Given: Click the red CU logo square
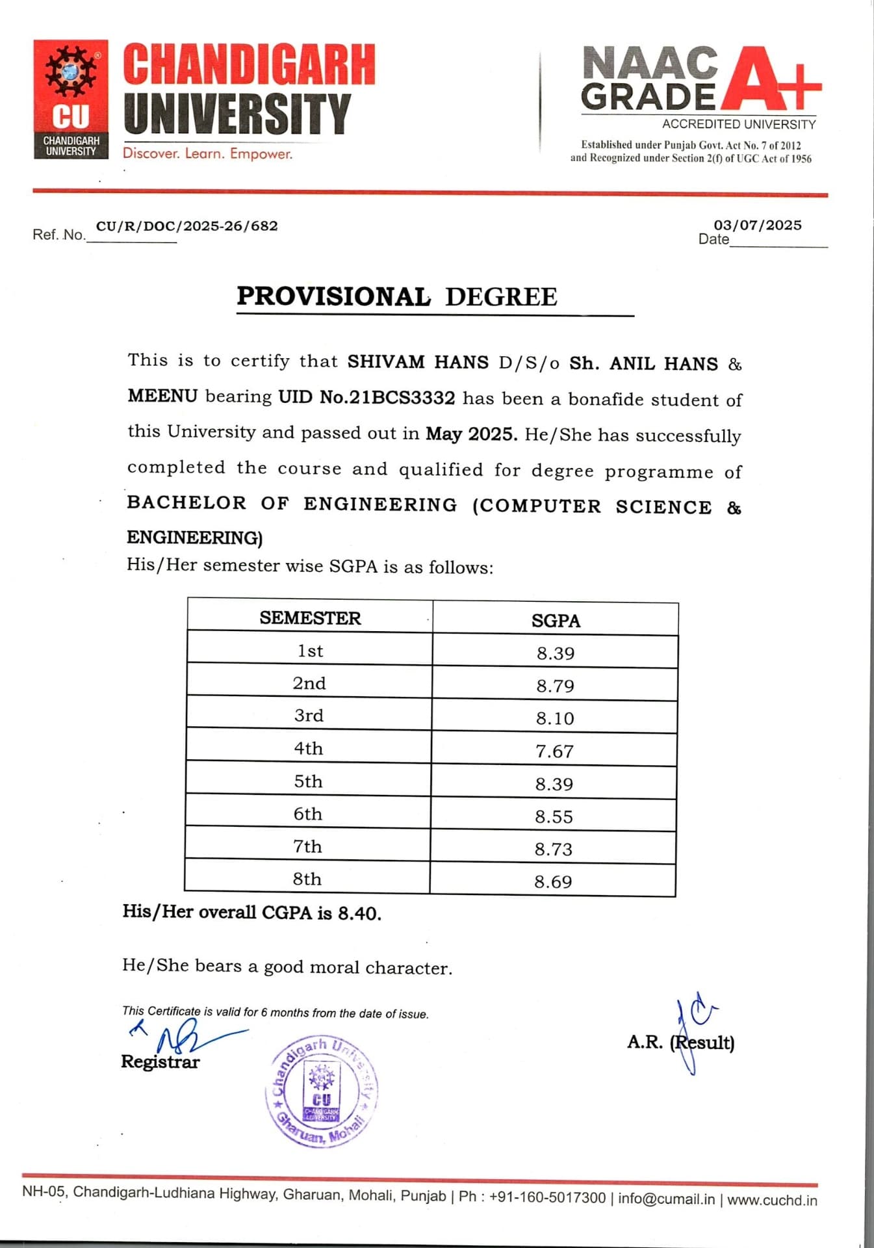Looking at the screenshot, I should coord(71,99).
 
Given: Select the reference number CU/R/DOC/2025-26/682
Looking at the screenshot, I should coord(187,226).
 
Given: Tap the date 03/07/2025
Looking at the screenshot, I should coord(758,225).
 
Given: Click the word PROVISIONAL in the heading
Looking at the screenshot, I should coord(333,296).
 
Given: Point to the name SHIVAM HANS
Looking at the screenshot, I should coord(418,361).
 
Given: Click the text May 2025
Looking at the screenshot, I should coord(471,434).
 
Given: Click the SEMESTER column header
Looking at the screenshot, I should coord(310,617).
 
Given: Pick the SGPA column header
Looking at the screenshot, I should coord(556,621).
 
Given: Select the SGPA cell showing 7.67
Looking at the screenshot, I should coord(554,751).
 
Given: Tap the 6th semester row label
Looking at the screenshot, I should coord(308,814).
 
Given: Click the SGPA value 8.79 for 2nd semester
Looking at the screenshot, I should coord(555,686).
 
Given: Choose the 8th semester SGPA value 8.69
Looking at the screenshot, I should coord(553,882).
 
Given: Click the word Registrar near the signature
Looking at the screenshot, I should coord(160,1061).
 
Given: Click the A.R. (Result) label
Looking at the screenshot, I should coord(680,1042).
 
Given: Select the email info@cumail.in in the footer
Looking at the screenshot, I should coord(666,1198).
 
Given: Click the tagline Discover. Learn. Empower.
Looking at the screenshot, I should coord(207,154).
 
